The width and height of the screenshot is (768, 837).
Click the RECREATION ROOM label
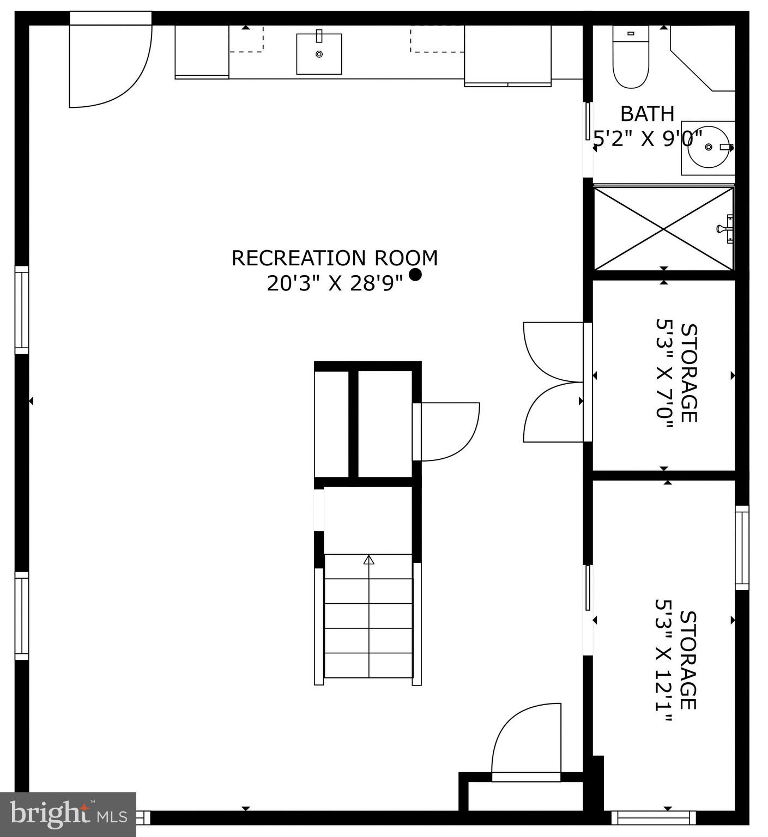pos(335,258)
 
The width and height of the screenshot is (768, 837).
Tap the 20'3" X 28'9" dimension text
pos(335,283)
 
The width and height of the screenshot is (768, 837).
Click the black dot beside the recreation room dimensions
pos(415,275)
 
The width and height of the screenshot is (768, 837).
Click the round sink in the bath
pos(708,147)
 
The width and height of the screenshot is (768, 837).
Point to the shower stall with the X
pos(663,229)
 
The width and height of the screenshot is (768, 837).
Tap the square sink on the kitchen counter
pos(319,53)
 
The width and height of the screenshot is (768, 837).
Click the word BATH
pos(648,114)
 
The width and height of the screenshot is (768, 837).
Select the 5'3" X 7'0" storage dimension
pos(664,374)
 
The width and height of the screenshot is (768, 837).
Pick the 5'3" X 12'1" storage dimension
pos(664,660)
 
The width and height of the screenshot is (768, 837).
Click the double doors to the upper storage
pos(553,382)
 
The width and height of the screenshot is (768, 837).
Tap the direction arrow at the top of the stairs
pos(369,560)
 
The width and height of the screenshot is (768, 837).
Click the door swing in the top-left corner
pos(109,65)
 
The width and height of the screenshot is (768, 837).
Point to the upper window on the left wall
pos(21,310)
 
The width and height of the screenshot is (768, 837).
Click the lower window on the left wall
pos(21,616)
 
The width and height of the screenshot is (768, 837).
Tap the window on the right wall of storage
pos(742,548)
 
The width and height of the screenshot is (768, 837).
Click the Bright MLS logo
pos(68,814)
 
